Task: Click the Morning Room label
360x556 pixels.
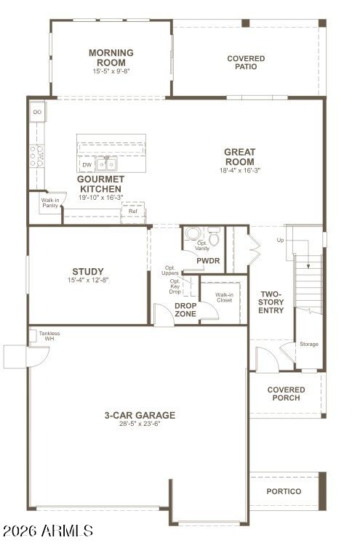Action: (111, 57)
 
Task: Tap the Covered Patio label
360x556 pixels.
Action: (246, 63)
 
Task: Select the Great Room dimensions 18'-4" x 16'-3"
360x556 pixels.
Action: (240, 170)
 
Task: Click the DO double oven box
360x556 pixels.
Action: (37, 112)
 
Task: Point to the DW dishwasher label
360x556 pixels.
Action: (87, 164)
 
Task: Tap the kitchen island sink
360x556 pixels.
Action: (106, 164)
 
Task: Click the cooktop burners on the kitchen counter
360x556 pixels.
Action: (36, 156)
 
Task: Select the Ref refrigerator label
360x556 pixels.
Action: (132, 211)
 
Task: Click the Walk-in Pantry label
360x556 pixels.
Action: (50, 203)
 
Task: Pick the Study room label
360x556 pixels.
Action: (88, 272)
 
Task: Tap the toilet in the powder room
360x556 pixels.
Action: (214, 236)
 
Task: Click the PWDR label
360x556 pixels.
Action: (208, 261)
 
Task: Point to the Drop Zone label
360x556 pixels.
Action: (185, 310)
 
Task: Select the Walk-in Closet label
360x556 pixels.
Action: (224, 297)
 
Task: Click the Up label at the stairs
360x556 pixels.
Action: (280, 240)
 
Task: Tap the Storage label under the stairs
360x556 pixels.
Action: (309, 344)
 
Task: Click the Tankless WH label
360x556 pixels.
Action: (49, 336)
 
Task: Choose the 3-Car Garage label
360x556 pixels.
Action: (140, 415)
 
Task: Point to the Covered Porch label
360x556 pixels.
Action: (286, 394)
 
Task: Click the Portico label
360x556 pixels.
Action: (284, 491)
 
